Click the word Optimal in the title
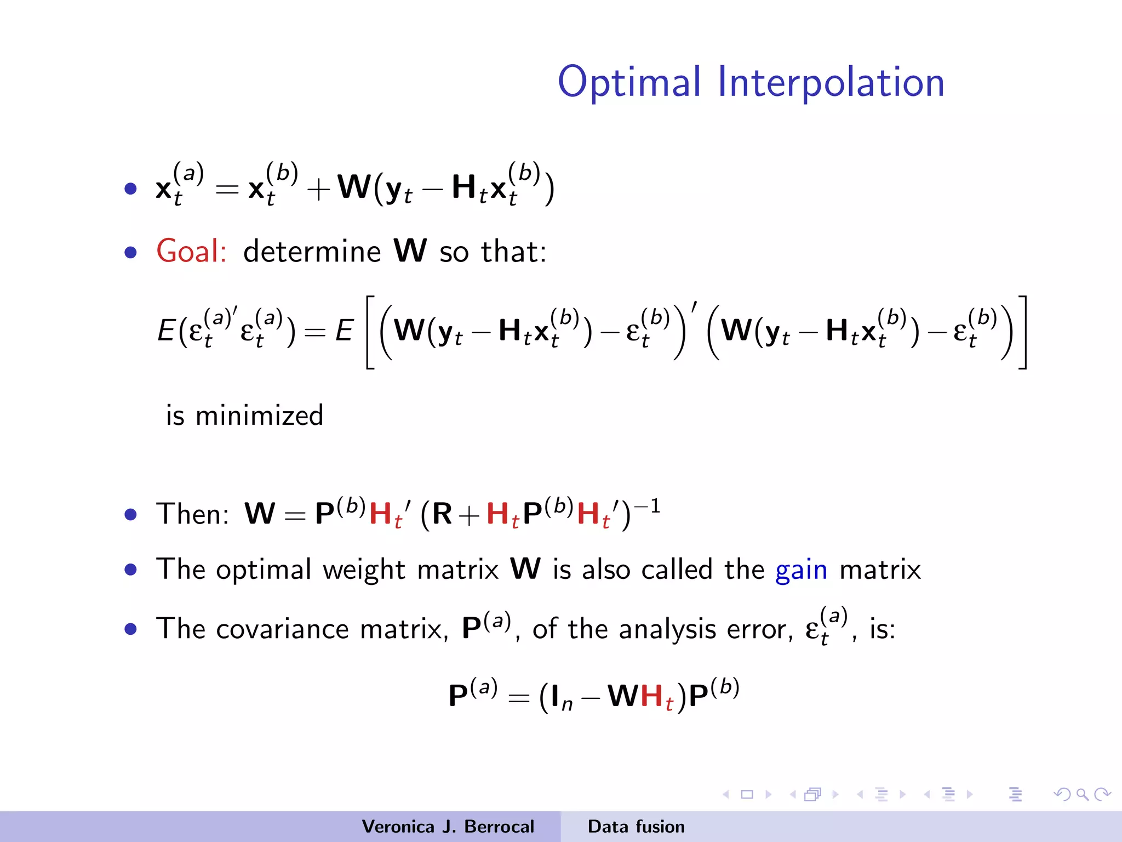(629, 82)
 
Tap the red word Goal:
(191, 252)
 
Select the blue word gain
(801, 570)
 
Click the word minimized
(259, 416)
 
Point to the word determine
(312, 252)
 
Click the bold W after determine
(410, 251)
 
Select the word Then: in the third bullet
(192, 514)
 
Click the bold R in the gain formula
(442, 514)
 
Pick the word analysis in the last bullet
(667, 629)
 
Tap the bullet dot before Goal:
(130, 252)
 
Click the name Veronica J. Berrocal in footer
(448, 827)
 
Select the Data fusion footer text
(636, 827)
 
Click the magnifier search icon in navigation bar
(1082, 794)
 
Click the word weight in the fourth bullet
(364, 570)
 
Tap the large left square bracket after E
(370, 332)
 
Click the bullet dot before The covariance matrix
(130, 629)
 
